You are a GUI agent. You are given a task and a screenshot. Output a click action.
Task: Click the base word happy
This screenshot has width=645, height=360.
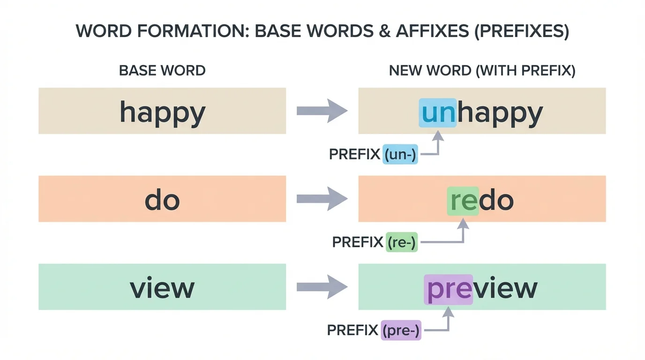pyautogui.click(x=162, y=112)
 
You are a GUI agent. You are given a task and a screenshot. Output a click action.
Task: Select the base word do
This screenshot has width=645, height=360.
pyautogui.click(x=162, y=200)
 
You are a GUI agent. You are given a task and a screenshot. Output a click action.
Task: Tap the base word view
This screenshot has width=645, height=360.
pyautogui.click(x=162, y=288)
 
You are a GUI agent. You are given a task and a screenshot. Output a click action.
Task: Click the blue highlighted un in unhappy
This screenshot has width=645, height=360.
pyautogui.click(x=437, y=113)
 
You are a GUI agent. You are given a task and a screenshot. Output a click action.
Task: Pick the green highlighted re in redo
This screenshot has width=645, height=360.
pyautogui.click(x=463, y=201)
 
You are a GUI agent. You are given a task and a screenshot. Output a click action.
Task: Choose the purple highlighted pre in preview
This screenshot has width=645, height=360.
pyautogui.click(x=448, y=289)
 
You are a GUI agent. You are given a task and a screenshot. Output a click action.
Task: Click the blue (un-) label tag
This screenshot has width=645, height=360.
pyautogui.click(x=400, y=154)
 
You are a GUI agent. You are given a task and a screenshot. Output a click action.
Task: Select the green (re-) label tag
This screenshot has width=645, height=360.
pyautogui.click(x=402, y=242)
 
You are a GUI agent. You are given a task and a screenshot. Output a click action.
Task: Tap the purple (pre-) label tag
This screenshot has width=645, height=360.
pyautogui.click(x=401, y=330)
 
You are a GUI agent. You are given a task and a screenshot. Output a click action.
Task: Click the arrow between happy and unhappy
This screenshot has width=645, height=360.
pyautogui.click(x=322, y=111)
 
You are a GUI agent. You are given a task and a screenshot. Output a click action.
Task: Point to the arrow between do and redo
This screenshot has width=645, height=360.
pyautogui.click(x=322, y=199)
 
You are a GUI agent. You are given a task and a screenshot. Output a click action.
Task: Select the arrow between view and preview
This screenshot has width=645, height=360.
pyautogui.click(x=322, y=287)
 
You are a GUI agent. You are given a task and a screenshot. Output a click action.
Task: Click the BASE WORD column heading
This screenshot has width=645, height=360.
pyautogui.click(x=162, y=71)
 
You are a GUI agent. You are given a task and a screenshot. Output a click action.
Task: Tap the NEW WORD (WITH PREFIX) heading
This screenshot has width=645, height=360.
pyautogui.click(x=482, y=71)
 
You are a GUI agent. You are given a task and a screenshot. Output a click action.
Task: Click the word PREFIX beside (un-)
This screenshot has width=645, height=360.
pyautogui.click(x=354, y=154)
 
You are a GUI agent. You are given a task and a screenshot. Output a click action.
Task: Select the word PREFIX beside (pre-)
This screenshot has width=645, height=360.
pyautogui.click(x=352, y=330)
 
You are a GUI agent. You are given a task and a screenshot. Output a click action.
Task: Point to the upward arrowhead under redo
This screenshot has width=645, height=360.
pyautogui.click(x=463, y=225)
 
